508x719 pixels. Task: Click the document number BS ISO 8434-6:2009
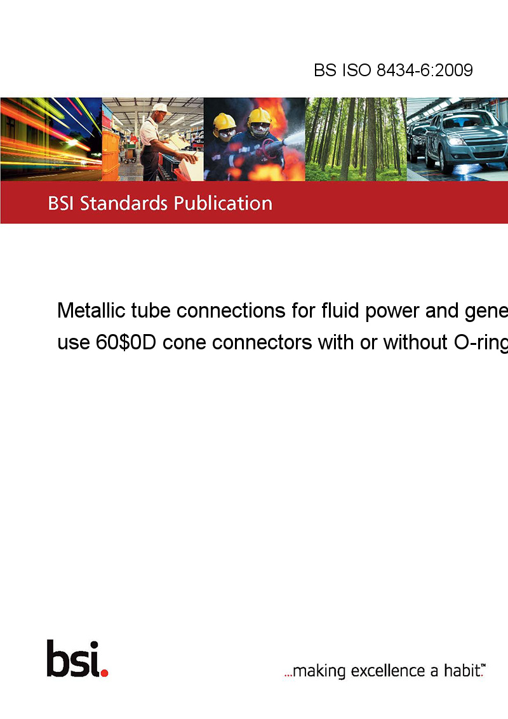click(x=393, y=70)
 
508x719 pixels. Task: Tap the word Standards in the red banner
click(x=123, y=203)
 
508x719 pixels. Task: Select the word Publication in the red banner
click(x=223, y=204)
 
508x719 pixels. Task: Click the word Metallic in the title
click(x=91, y=311)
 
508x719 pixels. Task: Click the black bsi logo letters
click(x=73, y=659)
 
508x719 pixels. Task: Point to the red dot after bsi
click(x=104, y=673)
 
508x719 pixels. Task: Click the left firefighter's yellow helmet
click(x=224, y=121)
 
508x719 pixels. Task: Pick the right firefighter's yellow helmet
click(x=260, y=116)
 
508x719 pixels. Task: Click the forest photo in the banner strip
click(x=356, y=139)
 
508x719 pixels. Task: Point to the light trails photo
click(x=51, y=139)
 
